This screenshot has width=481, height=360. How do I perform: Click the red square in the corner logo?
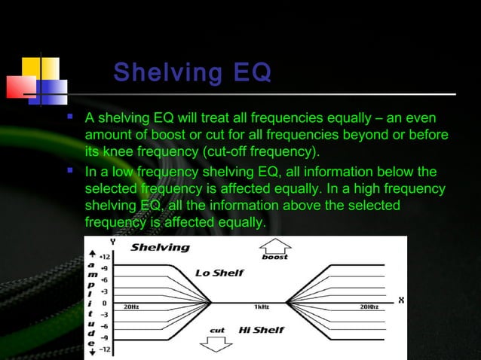tap(21, 87)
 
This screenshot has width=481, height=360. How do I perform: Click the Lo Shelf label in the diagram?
tap(219, 273)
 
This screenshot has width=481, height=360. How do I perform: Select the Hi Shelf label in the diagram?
tap(260, 330)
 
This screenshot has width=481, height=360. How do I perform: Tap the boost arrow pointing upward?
tap(274, 248)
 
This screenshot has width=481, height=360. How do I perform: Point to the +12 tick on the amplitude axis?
tap(107, 255)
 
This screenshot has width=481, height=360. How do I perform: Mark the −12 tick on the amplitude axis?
tap(107, 349)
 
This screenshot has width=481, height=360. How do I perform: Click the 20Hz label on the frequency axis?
tap(131, 307)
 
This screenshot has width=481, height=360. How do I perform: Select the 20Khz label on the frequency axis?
tap(369, 307)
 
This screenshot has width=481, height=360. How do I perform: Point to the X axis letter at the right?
tap(401, 300)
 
